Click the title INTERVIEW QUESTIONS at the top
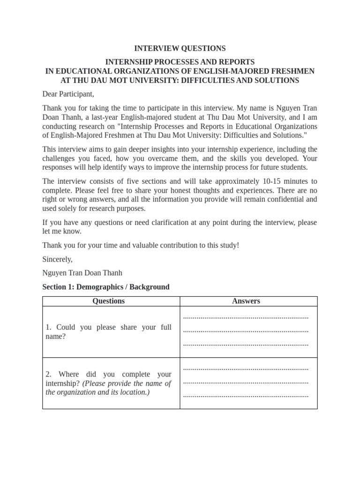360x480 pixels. (x=180, y=48)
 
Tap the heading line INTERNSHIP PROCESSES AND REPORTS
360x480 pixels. (x=180, y=62)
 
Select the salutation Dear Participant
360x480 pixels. (x=68, y=94)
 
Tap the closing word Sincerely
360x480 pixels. (x=58, y=259)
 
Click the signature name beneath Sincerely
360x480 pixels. (x=82, y=273)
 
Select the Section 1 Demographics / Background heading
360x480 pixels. (x=106, y=286)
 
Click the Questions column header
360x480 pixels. (x=109, y=301)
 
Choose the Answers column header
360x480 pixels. (x=246, y=301)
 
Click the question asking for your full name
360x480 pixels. (x=109, y=332)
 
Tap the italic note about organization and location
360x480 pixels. (x=109, y=388)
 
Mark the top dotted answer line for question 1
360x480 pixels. (x=246, y=317)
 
